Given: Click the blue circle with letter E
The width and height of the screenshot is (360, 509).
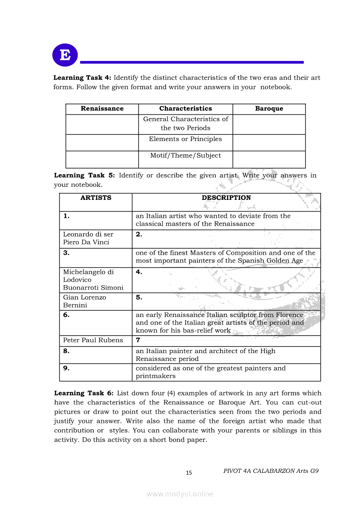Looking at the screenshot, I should click(65, 55).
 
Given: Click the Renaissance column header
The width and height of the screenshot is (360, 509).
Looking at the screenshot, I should click(102, 109).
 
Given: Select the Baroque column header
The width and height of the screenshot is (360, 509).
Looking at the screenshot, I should click(269, 109).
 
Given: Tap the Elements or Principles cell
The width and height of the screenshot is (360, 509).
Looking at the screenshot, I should click(185, 139).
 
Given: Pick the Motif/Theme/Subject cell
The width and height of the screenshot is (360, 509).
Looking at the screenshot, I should click(185, 156).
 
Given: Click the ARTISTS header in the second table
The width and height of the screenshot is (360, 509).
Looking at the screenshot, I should click(96, 198).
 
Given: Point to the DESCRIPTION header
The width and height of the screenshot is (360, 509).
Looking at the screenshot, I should click(226, 198).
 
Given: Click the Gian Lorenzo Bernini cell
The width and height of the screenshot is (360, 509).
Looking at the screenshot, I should click(85, 301).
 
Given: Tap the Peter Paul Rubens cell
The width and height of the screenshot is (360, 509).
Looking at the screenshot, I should click(93, 340).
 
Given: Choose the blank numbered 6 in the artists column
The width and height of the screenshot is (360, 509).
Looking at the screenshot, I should click(66, 315).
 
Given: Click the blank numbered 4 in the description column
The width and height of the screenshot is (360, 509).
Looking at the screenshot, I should click(139, 273).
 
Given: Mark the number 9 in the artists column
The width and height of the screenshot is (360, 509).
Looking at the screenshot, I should click(66, 368).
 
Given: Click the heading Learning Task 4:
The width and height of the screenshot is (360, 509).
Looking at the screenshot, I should click(82, 78).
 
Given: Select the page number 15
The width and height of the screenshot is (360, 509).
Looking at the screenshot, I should click(189, 473).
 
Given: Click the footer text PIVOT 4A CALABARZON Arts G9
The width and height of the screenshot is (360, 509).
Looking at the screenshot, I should click(271, 471).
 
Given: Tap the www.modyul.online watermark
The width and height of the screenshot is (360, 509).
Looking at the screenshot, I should click(180, 494).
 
